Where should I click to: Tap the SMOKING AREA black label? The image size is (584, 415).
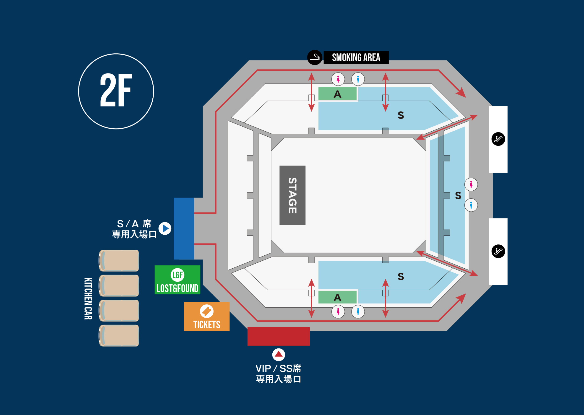click(x=356, y=57)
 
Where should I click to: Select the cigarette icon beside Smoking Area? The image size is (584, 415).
click(x=314, y=57)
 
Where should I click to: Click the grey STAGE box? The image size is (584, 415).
click(x=292, y=195)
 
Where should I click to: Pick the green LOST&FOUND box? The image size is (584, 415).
click(x=177, y=280)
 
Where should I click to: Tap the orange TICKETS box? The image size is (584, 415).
click(x=206, y=316)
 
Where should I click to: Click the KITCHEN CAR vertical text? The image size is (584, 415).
click(x=88, y=298)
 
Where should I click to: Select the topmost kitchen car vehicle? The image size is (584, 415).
click(x=119, y=261)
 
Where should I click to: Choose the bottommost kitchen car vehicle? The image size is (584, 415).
click(x=119, y=335)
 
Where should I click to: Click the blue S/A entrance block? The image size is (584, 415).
click(x=184, y=228)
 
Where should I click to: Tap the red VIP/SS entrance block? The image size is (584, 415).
click(x=278, y=336)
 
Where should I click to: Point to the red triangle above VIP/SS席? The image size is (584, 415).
click(x=278, y=354)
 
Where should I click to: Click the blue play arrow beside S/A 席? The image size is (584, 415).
click(x=165, y=228)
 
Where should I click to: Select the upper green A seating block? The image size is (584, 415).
click(x=337, y=94)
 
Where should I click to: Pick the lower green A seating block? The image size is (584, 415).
click(x=337, y=297)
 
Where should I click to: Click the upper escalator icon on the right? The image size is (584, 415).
click(x=498, y=139)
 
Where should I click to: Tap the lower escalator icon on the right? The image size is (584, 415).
click(x=498, y=251)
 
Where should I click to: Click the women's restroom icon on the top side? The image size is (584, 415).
click(x=338, y=79)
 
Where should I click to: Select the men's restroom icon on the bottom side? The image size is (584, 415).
click(x=358, y=312)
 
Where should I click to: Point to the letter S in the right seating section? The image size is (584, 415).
click(x=458, y=195)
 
